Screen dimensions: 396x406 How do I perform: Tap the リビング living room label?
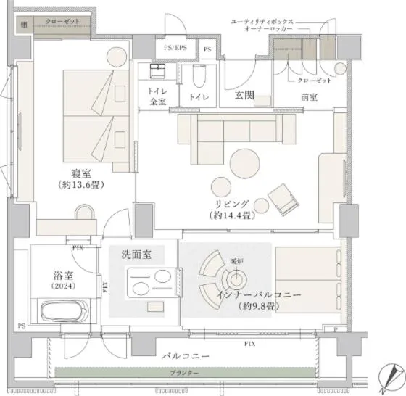coord(231,203)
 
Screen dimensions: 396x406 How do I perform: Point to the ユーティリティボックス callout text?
coord(261,22)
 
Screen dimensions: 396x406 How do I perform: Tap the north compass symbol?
coord(392,375)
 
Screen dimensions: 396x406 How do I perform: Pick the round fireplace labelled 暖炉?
coord(236,277)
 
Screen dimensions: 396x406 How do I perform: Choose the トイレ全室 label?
coord(157,97)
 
